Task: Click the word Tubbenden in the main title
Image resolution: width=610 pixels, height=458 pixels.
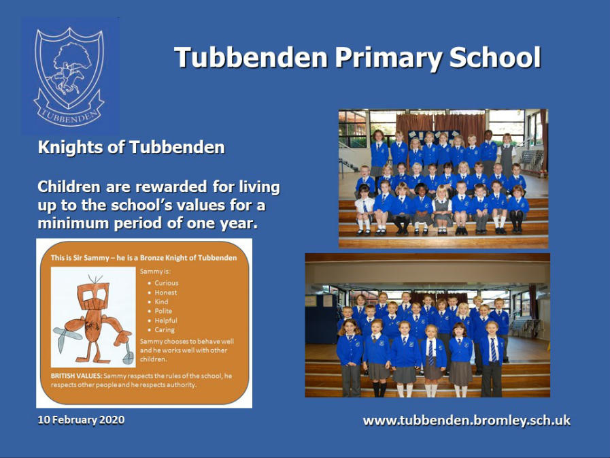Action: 251,58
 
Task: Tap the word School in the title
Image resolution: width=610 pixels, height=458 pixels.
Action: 495,58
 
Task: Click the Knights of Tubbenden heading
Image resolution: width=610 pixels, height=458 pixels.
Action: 131,148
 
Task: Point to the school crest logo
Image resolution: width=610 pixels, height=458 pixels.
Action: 70,76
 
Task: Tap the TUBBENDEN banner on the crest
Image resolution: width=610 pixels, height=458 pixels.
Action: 69,113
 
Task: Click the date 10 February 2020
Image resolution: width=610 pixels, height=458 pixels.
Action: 81,420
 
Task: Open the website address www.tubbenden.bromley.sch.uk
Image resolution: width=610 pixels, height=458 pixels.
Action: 467,421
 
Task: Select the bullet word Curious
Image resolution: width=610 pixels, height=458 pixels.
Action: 167,283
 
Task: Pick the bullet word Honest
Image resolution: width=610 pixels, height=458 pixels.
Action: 166,293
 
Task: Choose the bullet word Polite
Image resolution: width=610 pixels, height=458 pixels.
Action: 163,311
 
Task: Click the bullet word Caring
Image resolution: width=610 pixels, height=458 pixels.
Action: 165,330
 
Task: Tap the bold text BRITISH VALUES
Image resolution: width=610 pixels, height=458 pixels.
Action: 77,376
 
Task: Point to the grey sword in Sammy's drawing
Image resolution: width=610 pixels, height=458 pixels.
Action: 64,338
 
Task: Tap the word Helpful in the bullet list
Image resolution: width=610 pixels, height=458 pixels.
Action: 166,321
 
